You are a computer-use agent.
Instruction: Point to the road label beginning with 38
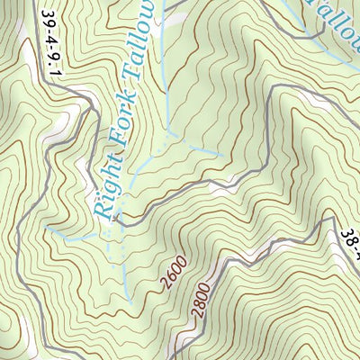(350, 243)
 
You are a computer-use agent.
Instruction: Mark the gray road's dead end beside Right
(115, 218)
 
